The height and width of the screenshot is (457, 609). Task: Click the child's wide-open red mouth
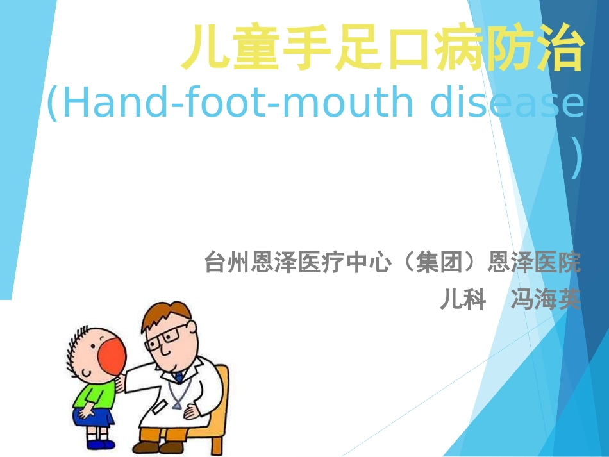tap(111, 358)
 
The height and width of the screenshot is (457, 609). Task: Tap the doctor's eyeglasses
tap(168, 337)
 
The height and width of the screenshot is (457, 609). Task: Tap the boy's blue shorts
tap(94, 417)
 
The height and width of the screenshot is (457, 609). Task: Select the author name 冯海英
tap(545, 299)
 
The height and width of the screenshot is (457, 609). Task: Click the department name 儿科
tap(462, 299)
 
